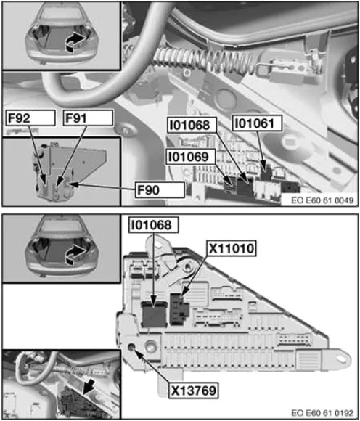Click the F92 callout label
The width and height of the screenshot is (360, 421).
(x=30, y=118)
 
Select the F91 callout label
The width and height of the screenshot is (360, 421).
(x=88, y=118)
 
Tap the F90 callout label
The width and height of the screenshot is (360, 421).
(x=160, y=190)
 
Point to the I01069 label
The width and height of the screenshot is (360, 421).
(x=191, y=157)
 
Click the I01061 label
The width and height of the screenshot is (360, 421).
(x=257, y=123)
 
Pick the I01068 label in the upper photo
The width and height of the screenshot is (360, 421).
(x=192, y=125)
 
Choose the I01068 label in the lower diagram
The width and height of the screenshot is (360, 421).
(x=154, y=225)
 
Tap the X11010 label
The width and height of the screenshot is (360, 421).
(x=232, y=248)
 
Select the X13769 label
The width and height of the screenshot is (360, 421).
(x=193, y=391)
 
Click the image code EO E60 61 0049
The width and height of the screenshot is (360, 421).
(x=322, y=200)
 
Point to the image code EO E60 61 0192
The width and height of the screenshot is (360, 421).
(x=322, y=413)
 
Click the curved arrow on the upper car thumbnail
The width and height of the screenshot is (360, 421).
(x=75, y=42)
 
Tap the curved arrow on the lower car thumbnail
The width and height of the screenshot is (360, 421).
(x=75, y=255)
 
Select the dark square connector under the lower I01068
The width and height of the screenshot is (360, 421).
(x=154, y=314)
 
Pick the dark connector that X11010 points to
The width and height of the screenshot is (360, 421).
(x=179, y=308)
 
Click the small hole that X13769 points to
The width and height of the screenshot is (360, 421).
(x=131, y=347)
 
